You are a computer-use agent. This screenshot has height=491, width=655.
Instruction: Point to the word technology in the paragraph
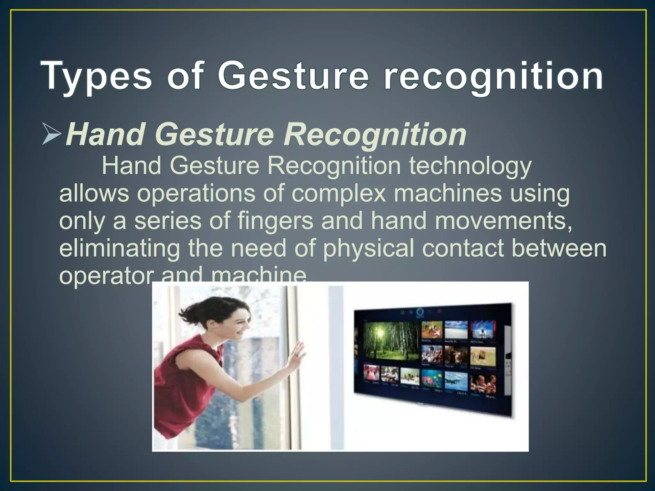(x=470, y=166)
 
